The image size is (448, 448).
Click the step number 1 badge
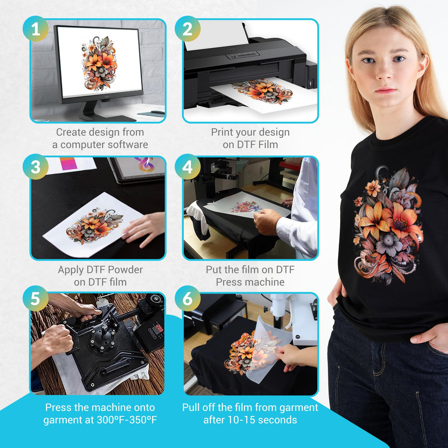pyautogui.click(x=35, y=29)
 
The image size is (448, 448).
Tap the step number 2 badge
pyautogui.click(x=187, y=29)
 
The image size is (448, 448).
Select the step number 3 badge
pyautogui.click(x=35, y=166)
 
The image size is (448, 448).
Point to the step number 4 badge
pyautogui.click(x=187, y=166)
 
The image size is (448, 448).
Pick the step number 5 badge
pyautogui.click(x=35, y=299)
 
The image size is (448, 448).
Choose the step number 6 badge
pyautogui.click(x=187, y=299)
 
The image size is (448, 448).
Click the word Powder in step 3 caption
pyautogui.click(x=125, y=270)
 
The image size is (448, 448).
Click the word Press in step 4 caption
pyautogui.click(x=226, y=282)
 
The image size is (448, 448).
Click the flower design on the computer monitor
pyautogui.click(x=99, y=64)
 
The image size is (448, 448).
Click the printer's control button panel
pyautogui.click(x=243, y=55)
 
